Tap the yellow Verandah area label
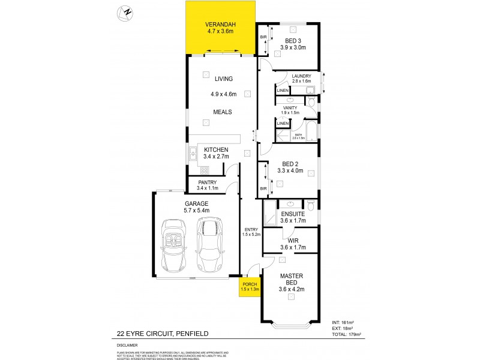coord(221,28)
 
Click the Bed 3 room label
coord(295,40)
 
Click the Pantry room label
coord(208,184)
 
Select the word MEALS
coord(221,112)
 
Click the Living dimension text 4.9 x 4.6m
coord(223,94)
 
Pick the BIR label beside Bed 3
coord(263,37)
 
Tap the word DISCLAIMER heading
coord(127,346)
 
